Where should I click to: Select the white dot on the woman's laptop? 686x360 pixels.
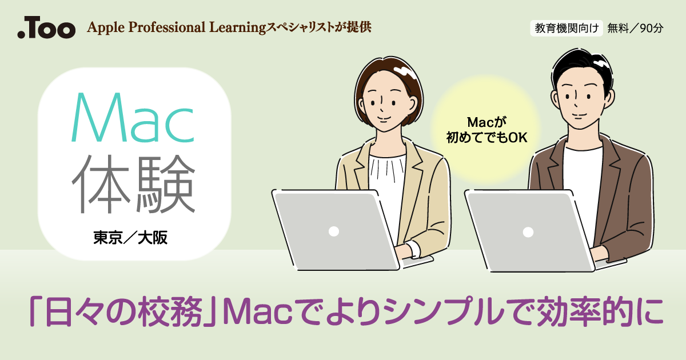[x=334, y=231]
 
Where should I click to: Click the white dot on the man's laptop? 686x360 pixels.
[x=528, y=232]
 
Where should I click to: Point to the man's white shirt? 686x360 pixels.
[x=583, y=171]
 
